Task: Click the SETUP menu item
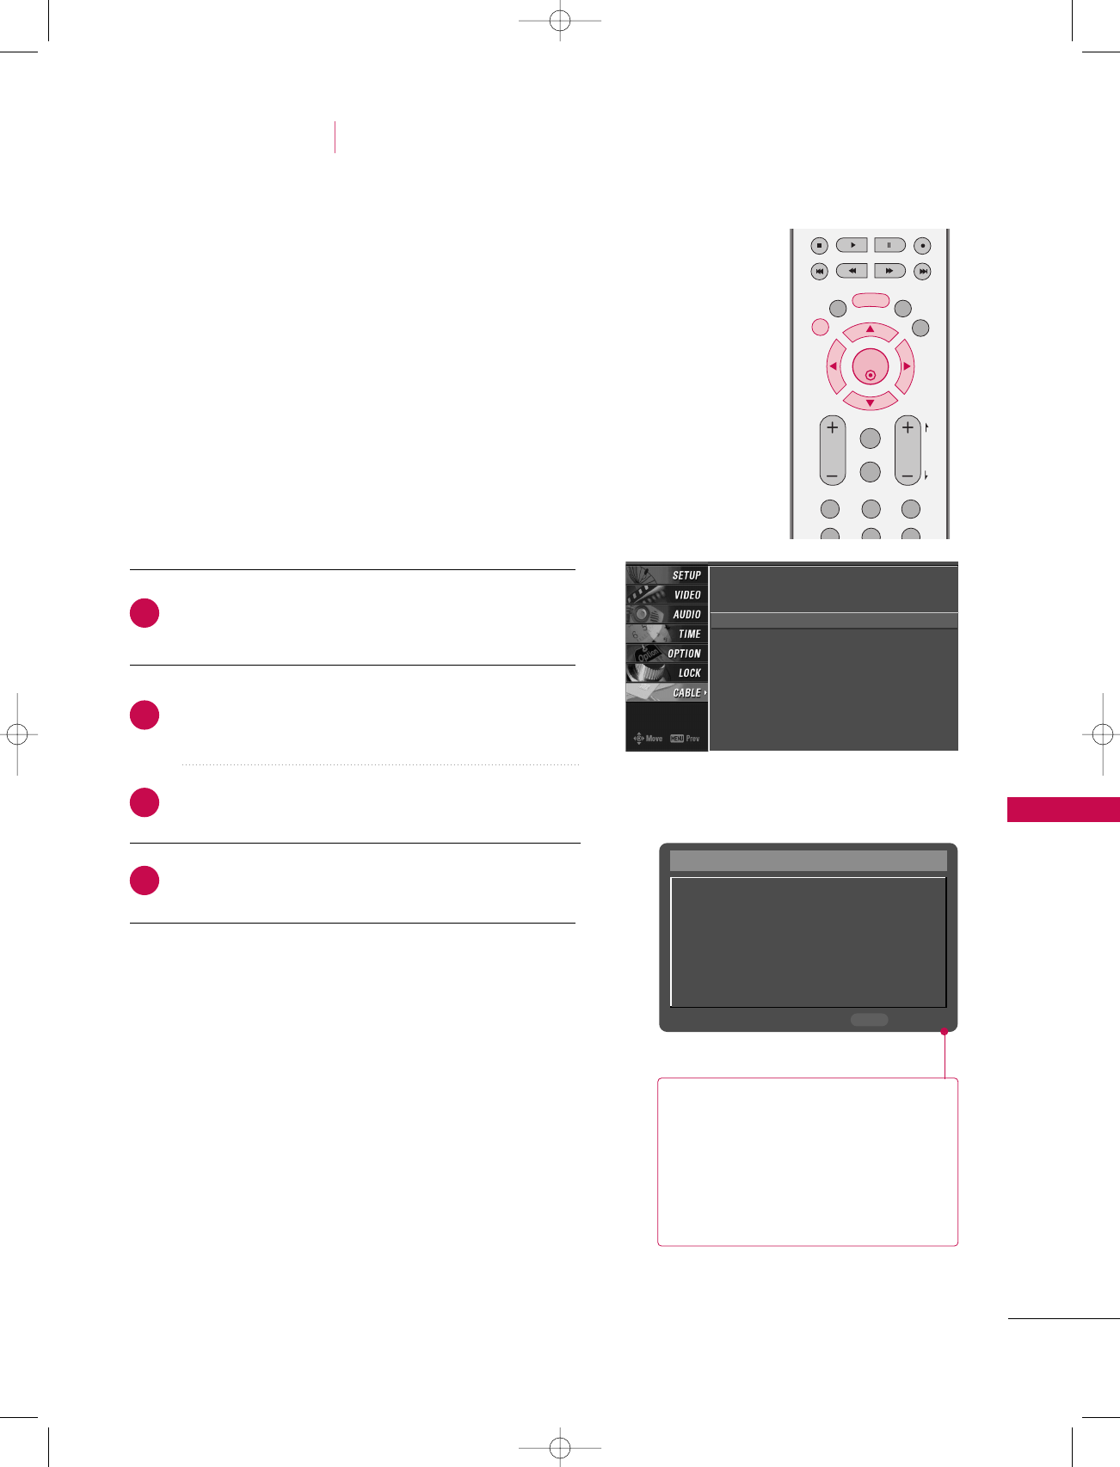(x=686, y=575)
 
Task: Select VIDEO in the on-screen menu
(x=686, y=595)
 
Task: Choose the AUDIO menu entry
(x=686, y=615)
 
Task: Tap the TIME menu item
(x=689, y=635)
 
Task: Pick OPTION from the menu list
(x=684, y=654)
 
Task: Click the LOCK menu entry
(x=689, y=673)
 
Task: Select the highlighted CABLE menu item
(x=686, y=693)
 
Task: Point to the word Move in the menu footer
(x=654, y=739)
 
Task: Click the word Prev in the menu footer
(x=692, y=739)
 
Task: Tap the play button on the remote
(x=852, y=245)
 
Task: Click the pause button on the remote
(x=889, y=245)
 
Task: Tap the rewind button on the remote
(x=852, y=271)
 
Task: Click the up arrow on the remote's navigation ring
(x=870, y=330)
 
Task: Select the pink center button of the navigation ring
(x=870, y=367)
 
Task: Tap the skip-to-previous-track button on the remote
(x=819, y=271)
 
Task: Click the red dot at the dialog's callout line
(x=944, y=1031)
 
